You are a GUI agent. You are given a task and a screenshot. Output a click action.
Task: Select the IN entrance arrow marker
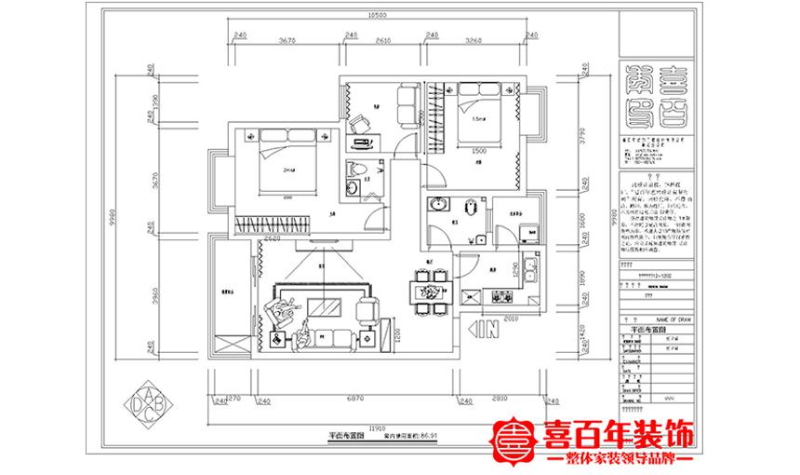(x=485, y=329)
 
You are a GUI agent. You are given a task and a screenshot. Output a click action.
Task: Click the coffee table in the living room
(x=326, y=306)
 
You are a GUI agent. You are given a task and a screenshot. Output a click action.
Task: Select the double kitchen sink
(x=530, y=270)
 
